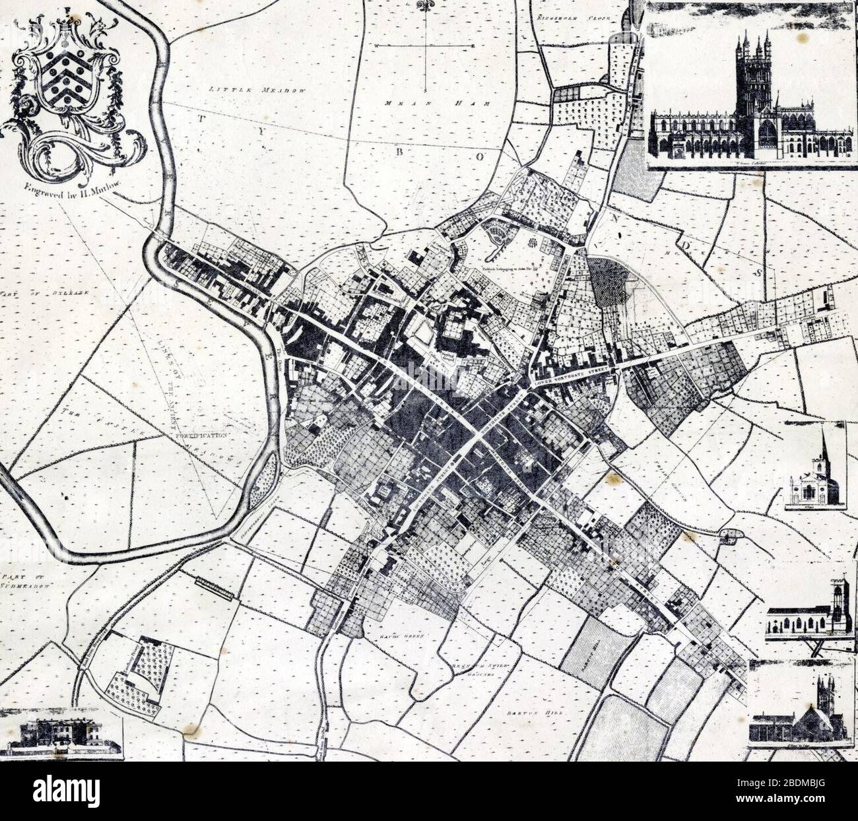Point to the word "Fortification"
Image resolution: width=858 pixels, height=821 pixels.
[x=201, y=436]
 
